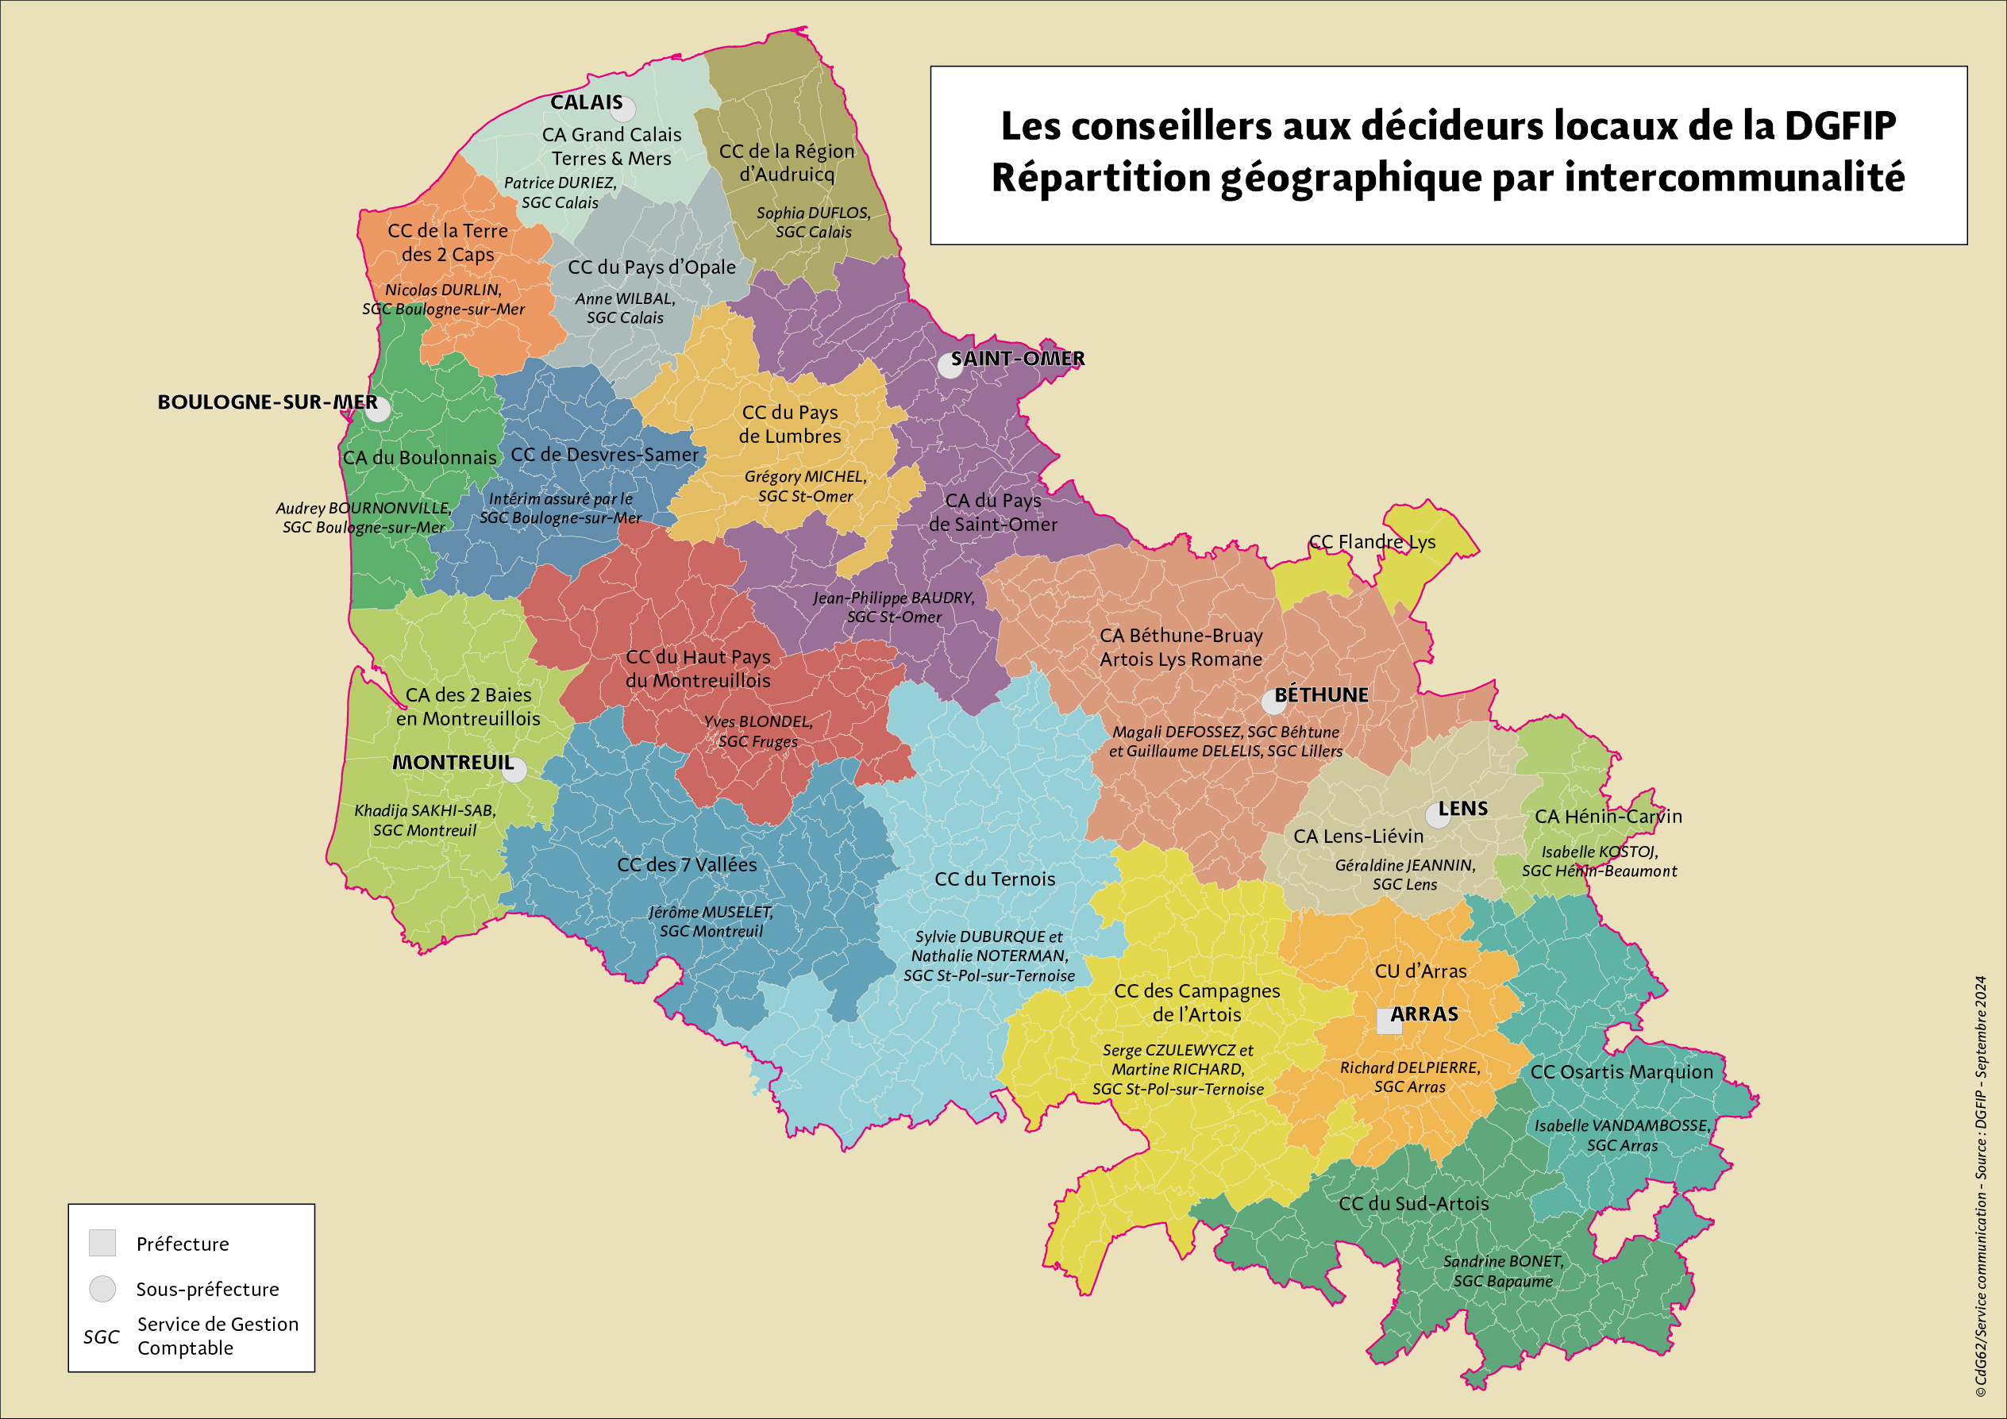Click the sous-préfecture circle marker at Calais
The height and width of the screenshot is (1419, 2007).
pyautogui.click(x=622, y=110)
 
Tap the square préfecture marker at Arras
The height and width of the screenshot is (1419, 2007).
pyautogui.click(x=1389, y=1021)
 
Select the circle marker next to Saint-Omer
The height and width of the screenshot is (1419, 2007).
pyautogui.click(x=950, y=365)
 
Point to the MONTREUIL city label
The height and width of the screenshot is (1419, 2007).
pyautogui.click(x=453, y=762)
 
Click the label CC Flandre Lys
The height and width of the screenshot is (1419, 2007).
pyautogui.click(x=1372, y=542)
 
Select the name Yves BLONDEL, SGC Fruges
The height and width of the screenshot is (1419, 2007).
pyautogui.click(x=758, y=732)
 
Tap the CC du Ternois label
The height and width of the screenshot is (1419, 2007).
pyautogui.click(x=995, y=879)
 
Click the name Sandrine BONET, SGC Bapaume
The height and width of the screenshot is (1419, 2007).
pyautogui.click(x=1503, y=1271)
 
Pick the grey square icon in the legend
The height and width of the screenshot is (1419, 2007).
pyautogui.click(x=102, y=1243)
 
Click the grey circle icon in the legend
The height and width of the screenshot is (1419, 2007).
pyautogui.click(x=102, y=1289)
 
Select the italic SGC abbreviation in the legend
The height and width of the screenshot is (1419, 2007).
pyautogui.click(x=102, y=1337)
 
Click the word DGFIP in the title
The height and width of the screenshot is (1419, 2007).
pyautogui.click(x=1839, y=126)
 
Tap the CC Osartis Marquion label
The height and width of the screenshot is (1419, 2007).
pyautogui.click(x=1621, y=1072)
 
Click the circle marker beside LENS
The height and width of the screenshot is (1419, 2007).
pyautogui.click(x=1437, y=815)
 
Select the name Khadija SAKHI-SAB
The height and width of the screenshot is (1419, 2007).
pyautogui.click(x=425, y=811)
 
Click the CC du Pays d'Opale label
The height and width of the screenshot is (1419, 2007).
pyautogui.click(x=651, y=267)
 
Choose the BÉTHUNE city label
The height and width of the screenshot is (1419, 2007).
pyautogui.click(x=1321, y=694)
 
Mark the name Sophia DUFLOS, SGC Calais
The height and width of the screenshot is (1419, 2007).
pyautogui.click(x=813, y=222)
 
